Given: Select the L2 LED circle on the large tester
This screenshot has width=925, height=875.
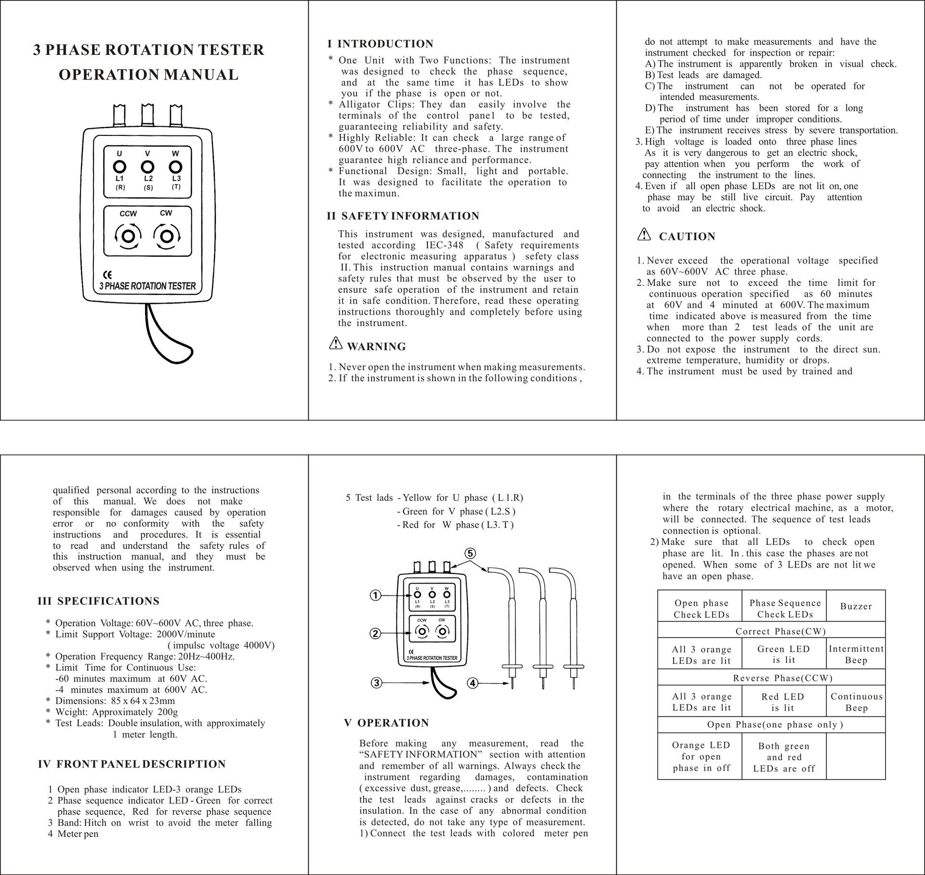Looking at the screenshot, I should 147,167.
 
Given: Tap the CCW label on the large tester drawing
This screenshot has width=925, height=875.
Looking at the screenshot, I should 128,213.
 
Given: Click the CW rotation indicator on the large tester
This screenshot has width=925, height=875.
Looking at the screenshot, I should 167,237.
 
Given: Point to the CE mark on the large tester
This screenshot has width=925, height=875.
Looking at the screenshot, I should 107,276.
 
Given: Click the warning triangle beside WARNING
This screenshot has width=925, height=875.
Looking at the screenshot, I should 335,344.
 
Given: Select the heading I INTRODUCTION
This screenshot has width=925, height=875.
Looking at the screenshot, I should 380,44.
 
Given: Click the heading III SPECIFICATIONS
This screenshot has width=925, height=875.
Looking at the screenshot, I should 98,601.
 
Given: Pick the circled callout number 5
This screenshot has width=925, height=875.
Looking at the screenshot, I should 470,554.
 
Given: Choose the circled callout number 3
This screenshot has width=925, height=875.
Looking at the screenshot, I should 377,683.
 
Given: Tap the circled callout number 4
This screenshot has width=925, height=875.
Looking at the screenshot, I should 473,683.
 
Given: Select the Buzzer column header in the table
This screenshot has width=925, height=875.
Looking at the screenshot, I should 856,607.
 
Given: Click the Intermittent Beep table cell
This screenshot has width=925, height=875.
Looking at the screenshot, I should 856,654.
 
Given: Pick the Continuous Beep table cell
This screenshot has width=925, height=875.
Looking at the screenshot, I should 856,702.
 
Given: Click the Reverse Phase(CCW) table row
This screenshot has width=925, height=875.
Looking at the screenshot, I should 782,678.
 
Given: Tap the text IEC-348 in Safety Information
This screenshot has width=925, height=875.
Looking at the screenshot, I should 444,245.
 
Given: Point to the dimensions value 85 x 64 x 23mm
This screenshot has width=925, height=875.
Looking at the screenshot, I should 143,701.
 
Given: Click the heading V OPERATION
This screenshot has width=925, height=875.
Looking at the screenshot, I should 386,723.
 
